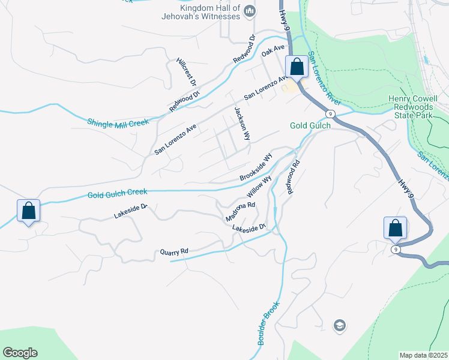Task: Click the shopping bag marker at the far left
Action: click(x=28, y=211)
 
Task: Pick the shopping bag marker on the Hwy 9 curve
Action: click(x=395, y=229)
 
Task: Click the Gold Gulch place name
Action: click(x=310, y=125)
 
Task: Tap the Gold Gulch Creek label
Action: click(x=117, y=193)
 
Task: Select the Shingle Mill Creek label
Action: click(x=118, y=122)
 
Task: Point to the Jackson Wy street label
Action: click(x=241, y=123)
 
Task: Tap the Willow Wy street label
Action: click(x=259, y=187)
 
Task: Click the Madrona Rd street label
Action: click(x=241, y=211)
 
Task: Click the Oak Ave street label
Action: click(x=273, y=51)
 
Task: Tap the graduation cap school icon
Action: click(x=339, y=325)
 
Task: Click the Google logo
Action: click(x=20, y=353)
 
